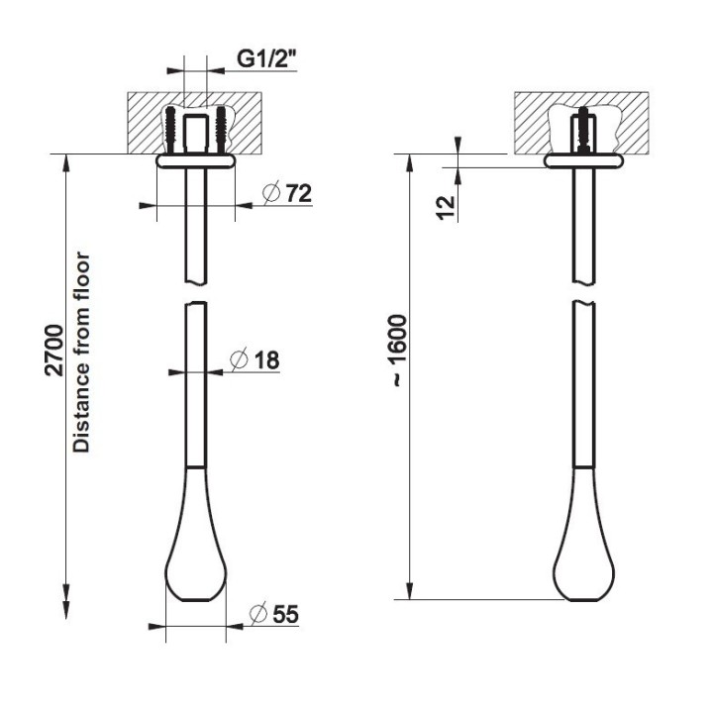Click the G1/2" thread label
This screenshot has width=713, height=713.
coord(266,58)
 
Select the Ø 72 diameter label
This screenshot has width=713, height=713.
coord(287,193)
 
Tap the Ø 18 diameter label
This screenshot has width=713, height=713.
coord(255,360)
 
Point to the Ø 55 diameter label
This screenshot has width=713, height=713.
coord(274,614)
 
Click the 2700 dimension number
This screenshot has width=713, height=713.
coord(54,351)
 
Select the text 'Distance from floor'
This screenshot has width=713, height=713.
coord(82,352)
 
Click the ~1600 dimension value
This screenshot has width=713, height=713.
coord(399,351)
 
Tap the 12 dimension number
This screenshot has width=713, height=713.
coord(446,207)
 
